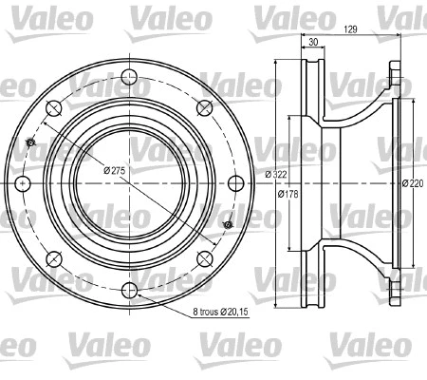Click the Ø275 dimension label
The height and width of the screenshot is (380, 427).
[x=116, y=168]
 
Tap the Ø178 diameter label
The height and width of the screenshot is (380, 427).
[x=293, y=195]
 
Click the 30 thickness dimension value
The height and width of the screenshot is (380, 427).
[x=312, y=42]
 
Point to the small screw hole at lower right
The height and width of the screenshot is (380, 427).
[x=227, y=223]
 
